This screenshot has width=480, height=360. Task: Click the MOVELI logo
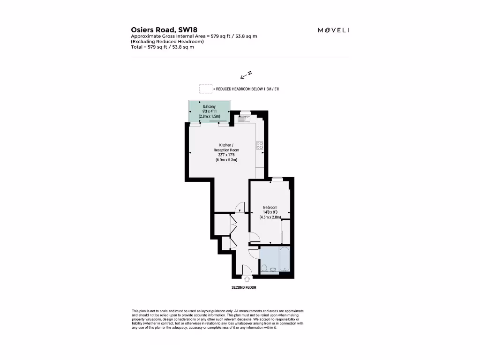(x=333, y=30)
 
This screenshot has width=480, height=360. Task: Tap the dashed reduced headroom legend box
(x=205, y=89)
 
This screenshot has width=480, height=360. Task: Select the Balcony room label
(x=209, y=106)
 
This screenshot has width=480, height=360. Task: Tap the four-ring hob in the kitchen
(x=260, y=145)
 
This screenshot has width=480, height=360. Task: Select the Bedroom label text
(x=270, y=208)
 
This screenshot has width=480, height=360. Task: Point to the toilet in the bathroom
(x=264, y=269)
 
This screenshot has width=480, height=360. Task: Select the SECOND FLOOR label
(x=244, y=287)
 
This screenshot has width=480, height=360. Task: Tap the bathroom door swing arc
(x=254, y=253)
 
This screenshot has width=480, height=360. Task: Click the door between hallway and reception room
(x=240, y=208)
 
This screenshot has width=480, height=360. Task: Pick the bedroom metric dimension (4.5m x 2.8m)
(x=270, y=217)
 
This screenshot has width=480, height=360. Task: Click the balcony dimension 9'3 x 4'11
(x=209, y=111)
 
